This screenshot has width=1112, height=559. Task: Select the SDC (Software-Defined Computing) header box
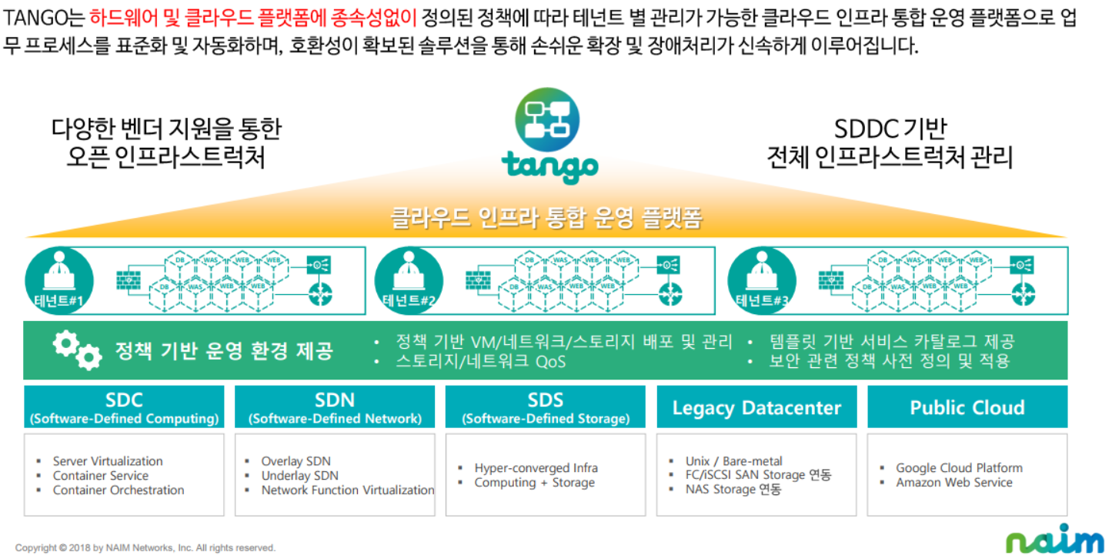[124, 407]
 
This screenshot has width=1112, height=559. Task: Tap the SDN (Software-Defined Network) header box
[335, 407]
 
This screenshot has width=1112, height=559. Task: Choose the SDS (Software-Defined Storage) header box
[546, 407]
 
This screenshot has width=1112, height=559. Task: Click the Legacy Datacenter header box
[756, 407]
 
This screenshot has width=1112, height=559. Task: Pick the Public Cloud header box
[967, 407]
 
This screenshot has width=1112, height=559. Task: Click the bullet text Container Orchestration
[118, 490]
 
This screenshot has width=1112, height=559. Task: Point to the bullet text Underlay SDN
[299, 476]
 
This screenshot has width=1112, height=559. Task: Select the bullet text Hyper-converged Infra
[536, 468]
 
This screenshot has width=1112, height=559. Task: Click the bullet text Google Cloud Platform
[959, 468]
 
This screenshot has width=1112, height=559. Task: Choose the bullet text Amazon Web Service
[953, 483]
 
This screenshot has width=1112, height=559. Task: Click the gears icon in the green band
[77, 350]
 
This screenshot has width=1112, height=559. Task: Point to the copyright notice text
[145, 548]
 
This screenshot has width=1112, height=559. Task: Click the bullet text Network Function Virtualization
[347, 490]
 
